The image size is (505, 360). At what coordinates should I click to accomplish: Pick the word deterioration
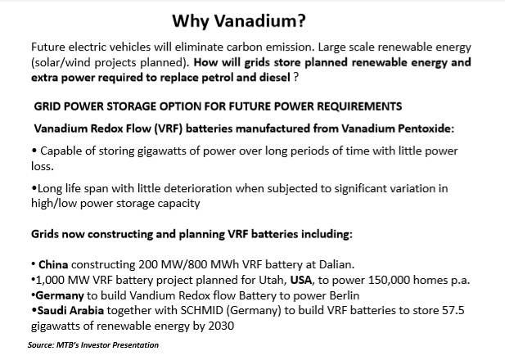pos(198,188)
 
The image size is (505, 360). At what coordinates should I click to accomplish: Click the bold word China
pos(53,265)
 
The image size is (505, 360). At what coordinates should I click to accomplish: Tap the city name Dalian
pos(336,265)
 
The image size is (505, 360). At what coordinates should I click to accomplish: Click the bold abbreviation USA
pos(301,280)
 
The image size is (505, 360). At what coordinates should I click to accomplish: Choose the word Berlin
pos(345,295)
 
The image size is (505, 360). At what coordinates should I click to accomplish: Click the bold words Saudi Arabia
pos(70,310)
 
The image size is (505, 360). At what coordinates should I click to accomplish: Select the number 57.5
pos(453,310)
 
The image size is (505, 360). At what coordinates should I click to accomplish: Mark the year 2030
pos(221,326)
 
